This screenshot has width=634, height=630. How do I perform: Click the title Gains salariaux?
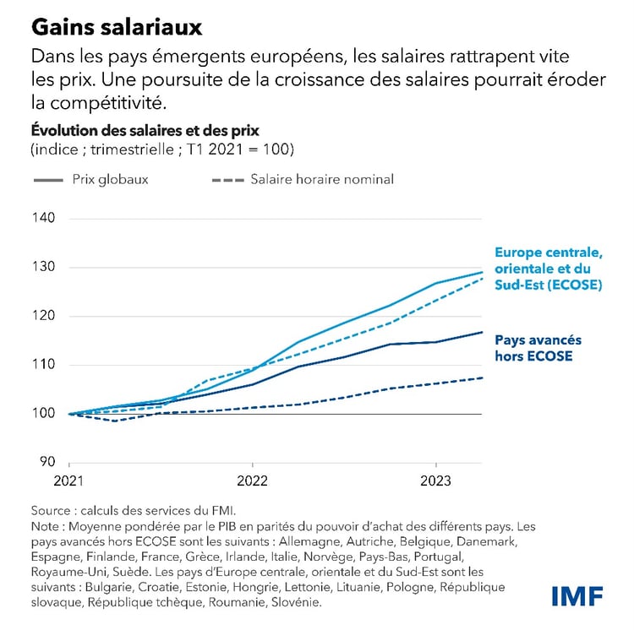117,27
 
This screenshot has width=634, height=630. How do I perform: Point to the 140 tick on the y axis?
43,218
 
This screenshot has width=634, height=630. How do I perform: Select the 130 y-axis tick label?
43,267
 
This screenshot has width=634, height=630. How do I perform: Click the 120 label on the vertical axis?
43,316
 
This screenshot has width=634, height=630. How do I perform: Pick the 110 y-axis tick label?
43,365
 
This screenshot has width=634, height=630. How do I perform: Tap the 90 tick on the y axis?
46,462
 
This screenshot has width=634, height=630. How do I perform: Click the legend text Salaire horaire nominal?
322,179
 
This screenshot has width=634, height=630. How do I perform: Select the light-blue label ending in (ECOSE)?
548,269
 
